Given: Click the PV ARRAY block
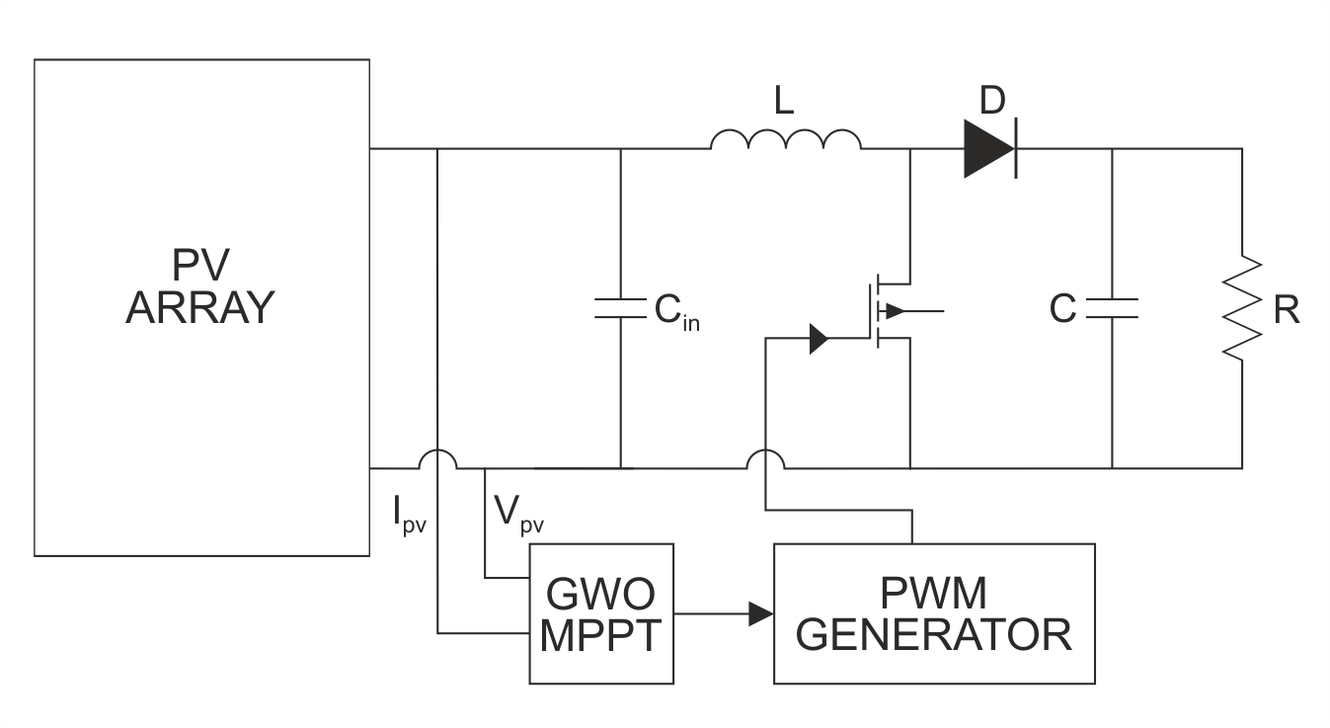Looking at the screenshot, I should [201, 306].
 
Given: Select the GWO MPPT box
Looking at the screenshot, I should [600, 612].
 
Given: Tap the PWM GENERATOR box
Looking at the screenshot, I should [933, 612].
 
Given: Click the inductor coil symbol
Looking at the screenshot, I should [785, 142].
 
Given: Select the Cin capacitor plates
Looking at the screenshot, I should [620, 308].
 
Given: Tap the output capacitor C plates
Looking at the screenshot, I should [1112, 308].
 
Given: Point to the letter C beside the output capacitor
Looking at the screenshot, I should [1062, 309].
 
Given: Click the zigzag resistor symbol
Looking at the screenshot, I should [1242, 308].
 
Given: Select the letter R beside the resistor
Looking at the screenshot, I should [1286, 309].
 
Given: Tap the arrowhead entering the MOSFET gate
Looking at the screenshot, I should [819, 339].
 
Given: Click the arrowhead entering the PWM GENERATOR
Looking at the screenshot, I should [760, 613].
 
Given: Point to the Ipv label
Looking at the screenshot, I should [409, 515].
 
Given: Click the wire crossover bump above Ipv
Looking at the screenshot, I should [436, 458].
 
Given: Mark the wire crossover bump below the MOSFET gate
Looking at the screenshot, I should [765, 458].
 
